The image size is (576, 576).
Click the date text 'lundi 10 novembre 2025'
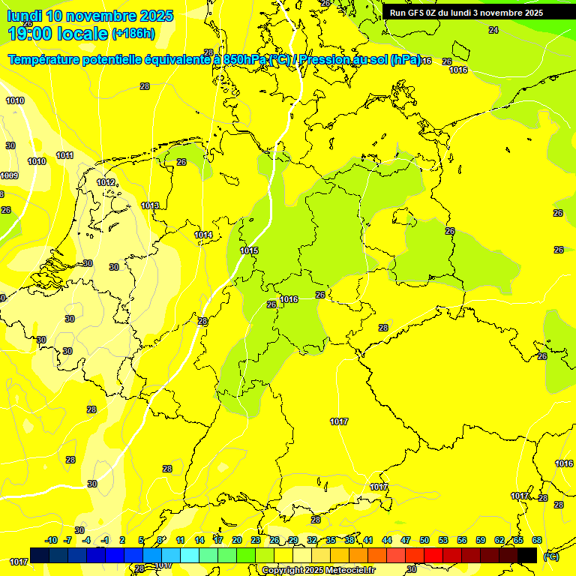(x=89, y=16)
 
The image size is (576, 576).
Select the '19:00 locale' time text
(x=57, y=33)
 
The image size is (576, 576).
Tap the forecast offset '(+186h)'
(x=133, y=34)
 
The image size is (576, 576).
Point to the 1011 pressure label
(x=64, y=156)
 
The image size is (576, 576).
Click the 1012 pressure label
(x=106, y=182)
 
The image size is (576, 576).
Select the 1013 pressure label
(x=150, y=205)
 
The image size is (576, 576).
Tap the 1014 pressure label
(x=203, y=235)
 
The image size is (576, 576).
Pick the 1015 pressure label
(x=249, y=250)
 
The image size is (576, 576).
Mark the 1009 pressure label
(x=9, y=175)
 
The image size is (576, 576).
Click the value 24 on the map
(x=493, y=30)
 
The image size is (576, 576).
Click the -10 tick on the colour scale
(x=51, y=540)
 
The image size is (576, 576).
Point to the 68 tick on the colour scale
(x=537, y=540)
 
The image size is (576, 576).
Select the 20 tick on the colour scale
(x=236, y=540)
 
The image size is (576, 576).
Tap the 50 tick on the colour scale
(x=424, y=540)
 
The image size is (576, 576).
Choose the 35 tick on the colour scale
(x=331, y=540)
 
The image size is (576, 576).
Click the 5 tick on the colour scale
(x=141, y=540)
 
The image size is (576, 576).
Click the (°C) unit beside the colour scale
(x=550, y=556)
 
